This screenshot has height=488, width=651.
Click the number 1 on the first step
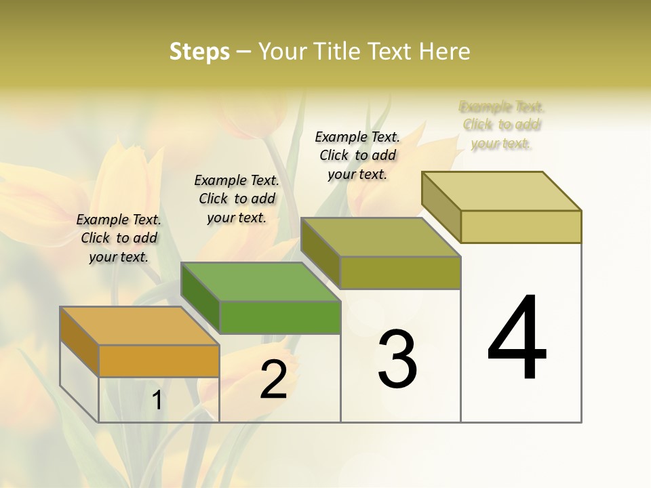click(x=157, y=401)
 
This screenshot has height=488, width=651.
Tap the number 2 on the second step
click(x=273, y=380)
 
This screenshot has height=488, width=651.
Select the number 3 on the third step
click(x=397, y=359)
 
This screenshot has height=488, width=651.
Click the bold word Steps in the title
click(x=199, y=52)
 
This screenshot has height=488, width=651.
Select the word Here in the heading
click(x=446, y=52)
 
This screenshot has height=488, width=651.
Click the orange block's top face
click(x=139, y=326)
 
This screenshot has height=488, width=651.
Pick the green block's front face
click(x=280, y=317)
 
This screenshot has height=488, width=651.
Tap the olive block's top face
click(x=380, y=237)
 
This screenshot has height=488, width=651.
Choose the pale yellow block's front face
click(x=521, y=226)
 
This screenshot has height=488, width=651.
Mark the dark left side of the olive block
click(x=320, y=253)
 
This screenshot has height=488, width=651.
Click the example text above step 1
click(x=119, y=238)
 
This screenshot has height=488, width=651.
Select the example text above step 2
click(x=237, y=199)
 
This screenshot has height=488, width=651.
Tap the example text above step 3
click(x=357, y=155)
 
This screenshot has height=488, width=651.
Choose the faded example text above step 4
click(x=502, y=125)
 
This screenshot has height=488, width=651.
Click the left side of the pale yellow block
click(x=441, y=206)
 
